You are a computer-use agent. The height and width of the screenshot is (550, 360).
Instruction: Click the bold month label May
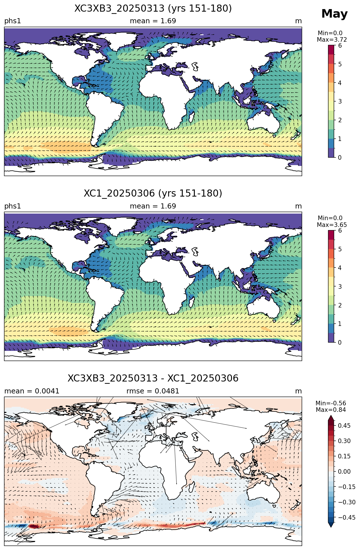point(334,14)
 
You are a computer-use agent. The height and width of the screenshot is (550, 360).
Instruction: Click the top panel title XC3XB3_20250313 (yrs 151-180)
point(153,9)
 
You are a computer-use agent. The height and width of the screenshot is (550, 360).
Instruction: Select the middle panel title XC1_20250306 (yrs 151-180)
point(153,193)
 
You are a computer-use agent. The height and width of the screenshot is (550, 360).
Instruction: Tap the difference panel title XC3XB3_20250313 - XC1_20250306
point(153,378)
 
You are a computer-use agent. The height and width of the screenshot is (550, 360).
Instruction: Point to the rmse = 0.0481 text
point(153,391)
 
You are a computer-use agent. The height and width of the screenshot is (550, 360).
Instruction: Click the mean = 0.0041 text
point(32,391)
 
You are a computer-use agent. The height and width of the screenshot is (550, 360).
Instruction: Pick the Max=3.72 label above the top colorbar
point(332,40)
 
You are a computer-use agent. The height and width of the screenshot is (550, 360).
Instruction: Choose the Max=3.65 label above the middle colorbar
point(332,225)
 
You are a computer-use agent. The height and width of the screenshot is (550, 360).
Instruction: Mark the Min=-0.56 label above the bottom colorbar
point(331,403)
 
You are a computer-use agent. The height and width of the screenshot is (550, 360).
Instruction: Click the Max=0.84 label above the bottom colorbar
point(331,410)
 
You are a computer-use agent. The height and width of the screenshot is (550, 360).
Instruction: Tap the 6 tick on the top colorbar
point(340,46)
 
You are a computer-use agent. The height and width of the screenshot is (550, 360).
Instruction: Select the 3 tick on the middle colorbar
point(340,286)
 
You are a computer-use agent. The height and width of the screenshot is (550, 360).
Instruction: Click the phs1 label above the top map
point(12,21)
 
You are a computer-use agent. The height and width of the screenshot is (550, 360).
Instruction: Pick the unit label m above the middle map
point(298,206)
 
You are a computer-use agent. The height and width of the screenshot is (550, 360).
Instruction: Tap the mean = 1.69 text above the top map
point(153,21)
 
